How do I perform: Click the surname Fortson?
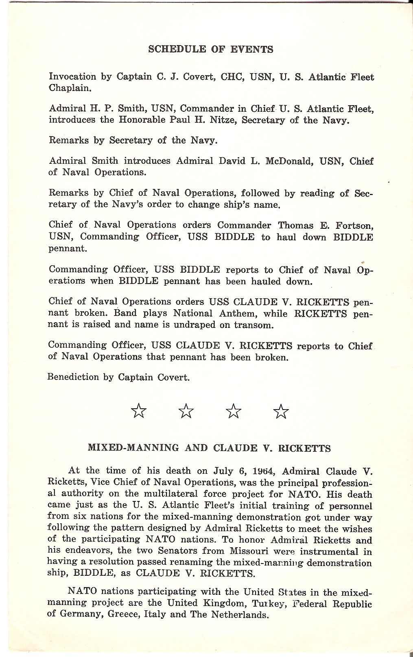(x=353, y=225)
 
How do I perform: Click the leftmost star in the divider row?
(x=139, y=411)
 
